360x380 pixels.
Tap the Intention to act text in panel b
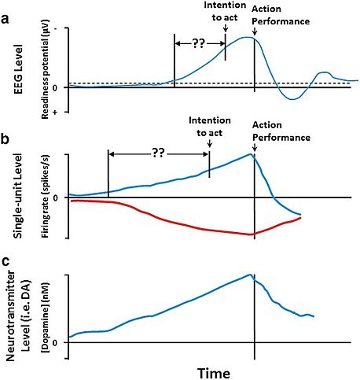(208, 126)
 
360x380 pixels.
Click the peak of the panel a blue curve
(248, 37)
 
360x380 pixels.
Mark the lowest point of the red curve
(250, 234)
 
